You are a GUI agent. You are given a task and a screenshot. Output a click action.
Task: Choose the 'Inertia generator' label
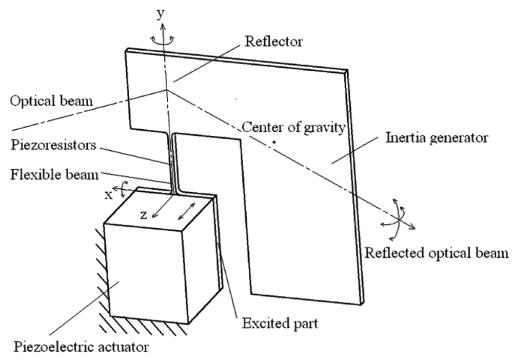coord(431,138)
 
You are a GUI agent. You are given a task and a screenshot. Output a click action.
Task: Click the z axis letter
coord(146,215)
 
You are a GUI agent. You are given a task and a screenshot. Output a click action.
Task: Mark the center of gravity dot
coord(275,141)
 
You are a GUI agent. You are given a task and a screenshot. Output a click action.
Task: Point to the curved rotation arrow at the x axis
coord(122,191)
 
